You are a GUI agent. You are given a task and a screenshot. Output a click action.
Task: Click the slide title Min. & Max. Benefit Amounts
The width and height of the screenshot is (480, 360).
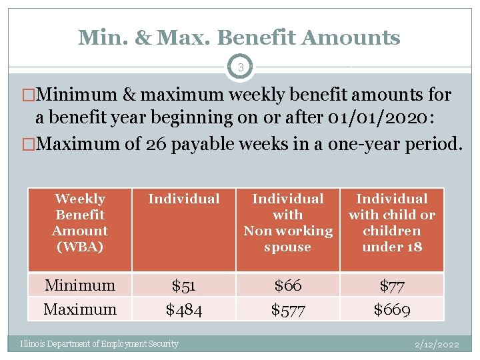click(x=239, y=37)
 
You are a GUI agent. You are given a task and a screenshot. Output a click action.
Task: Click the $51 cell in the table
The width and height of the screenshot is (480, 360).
click(x=183, y=285)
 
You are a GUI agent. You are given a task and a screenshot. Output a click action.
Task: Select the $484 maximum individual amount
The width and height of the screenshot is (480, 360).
click(x=183, y=309)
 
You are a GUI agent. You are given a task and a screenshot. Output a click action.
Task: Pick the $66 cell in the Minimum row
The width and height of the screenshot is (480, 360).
click(x=287, y=285)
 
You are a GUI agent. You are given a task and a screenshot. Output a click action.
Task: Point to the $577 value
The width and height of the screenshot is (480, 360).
click(x=287, y=309)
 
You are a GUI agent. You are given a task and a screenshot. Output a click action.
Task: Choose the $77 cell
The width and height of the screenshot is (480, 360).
click(x=391, y=285)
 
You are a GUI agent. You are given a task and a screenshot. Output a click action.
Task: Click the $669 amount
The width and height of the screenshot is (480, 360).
click(x=391, y=309)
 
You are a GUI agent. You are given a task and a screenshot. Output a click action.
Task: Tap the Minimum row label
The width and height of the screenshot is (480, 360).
click(x=80, y=285)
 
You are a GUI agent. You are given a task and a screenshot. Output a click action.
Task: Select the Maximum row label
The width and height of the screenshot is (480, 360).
click(x=80, y=309)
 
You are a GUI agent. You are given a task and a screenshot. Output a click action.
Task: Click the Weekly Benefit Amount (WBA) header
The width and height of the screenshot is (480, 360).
click(x=80, y=223)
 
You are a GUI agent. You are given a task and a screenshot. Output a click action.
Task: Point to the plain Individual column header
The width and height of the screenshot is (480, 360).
click(x=183, y=199)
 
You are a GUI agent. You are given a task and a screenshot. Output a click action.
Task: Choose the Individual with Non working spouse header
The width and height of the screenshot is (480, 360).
click(x=287, y=223)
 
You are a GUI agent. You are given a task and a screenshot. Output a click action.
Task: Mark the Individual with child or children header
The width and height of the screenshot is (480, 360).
click(x=391, y=223)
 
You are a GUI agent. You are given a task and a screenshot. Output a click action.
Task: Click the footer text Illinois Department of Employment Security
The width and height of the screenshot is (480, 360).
click(x=99, y=344)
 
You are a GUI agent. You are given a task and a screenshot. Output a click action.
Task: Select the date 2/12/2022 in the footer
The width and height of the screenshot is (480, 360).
click(x=437, y=345)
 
